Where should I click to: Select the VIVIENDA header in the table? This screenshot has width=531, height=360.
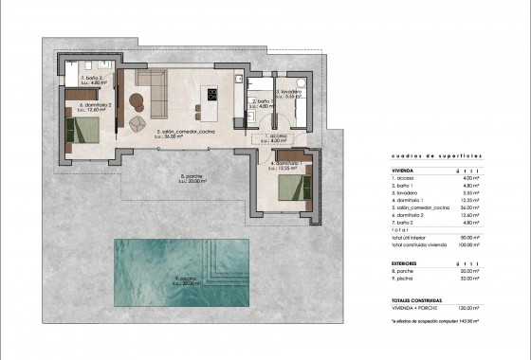[405, 171]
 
